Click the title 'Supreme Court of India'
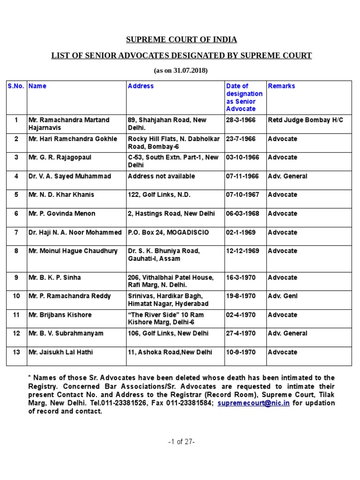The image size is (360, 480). click(x=181, y=39)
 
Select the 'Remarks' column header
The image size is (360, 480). click(x=281, y=86)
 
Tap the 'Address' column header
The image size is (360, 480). click(x=141, y=86)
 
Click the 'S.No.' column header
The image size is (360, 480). click(x=16, y=86)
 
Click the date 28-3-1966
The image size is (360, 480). click(x=241, y=120)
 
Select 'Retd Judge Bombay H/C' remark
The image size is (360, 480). click(x=305, y=120)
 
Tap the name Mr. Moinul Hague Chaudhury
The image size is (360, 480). click(x=73, y=251)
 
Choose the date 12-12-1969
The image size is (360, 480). click(x=242, y=251)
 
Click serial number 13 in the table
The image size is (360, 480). click(x=16, y=352)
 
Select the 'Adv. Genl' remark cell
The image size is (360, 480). click(x=283, y=296)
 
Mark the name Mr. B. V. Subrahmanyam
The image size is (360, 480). click(x=66, y=334)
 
